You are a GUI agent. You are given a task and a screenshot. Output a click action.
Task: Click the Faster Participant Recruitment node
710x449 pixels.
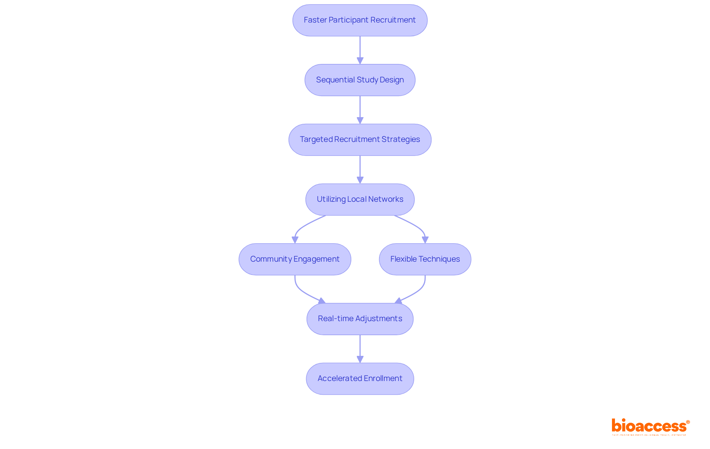click(360, 20)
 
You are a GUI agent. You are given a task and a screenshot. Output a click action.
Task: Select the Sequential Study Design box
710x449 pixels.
click(360, 80)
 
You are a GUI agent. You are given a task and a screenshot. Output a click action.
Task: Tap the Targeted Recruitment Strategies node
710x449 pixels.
click(360, 140)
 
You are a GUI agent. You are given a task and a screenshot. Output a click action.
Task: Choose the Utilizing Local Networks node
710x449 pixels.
click(360, 200)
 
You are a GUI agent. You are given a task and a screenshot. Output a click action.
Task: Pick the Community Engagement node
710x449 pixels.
click(295, 259)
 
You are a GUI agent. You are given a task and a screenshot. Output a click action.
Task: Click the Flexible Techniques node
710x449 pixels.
click(425, 259)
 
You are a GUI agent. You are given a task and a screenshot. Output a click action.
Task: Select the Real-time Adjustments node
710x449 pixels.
click(360, 319)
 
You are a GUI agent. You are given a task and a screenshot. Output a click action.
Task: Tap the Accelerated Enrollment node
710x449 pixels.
click(360, 379)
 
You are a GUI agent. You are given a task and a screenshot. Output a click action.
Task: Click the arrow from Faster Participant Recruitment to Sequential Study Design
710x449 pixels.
click(360, 50)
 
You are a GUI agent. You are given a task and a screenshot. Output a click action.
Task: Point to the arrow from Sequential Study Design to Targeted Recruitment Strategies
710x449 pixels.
click(360, 110)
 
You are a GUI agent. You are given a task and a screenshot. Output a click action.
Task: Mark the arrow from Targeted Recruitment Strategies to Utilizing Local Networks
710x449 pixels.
click(360, 169)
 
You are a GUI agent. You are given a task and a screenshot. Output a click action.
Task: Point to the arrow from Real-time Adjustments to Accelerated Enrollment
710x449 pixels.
click(360, 348)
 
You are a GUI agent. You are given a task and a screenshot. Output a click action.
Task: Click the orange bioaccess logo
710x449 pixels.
click(650, 426)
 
